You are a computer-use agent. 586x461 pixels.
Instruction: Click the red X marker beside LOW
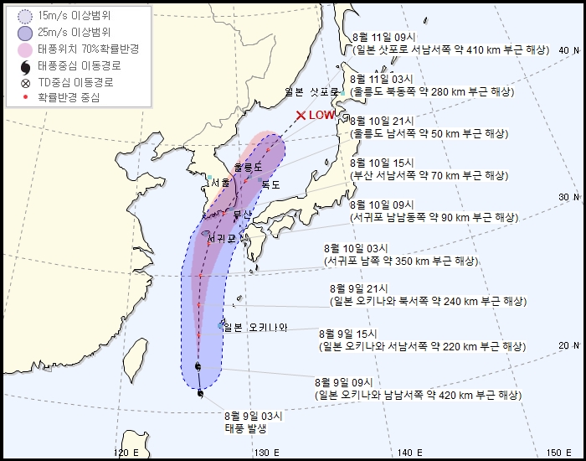(301, 115)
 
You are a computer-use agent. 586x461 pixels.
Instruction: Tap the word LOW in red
(321, 115)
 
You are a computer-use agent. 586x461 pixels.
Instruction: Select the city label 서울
(221, 182)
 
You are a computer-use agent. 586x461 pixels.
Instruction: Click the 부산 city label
(242, 215)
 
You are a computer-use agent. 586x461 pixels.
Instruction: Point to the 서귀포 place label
(222, 238)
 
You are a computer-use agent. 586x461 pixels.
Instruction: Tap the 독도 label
(271, 184)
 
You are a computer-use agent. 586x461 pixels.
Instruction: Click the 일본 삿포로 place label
(311, 91)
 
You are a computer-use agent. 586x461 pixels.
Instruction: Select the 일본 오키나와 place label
(257, 327)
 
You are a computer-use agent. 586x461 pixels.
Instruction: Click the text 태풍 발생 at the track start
(245, 427)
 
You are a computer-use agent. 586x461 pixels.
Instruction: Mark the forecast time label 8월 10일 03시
(352, 249)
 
